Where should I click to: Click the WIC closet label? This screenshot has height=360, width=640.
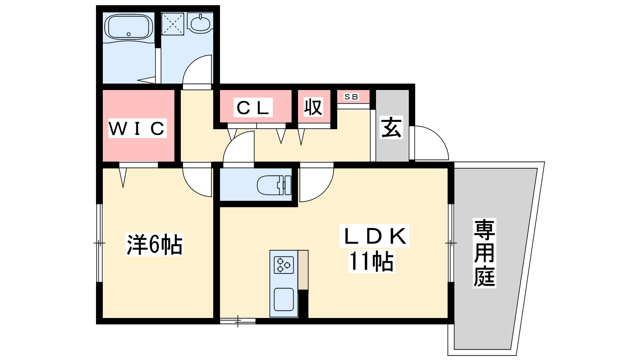[x=137, y=128]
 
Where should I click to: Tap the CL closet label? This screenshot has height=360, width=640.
[x=253, y=108]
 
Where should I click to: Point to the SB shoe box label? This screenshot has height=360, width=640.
[x=351, y=97]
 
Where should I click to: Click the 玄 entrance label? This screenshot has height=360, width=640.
[x=392, y=128]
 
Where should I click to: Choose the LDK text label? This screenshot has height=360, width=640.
[x=374, y=236]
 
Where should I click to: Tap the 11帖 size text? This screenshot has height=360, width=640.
[x=372, y=261]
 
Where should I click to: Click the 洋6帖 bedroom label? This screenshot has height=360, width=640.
[x=154, y=244]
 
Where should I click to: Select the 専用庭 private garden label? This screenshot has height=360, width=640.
[x=484, y=253]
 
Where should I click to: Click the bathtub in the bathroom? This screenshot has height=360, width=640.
[x=128, y=27]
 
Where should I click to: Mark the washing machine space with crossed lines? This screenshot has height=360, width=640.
[x=172, y=24]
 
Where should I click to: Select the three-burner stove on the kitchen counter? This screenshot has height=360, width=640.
[x=284, y=265]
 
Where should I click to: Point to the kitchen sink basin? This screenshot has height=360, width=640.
[x=284, y=300]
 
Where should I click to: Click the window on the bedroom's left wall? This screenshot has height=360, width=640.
[x=99, y=243]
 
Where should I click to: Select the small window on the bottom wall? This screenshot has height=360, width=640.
[x=238, y=321]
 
